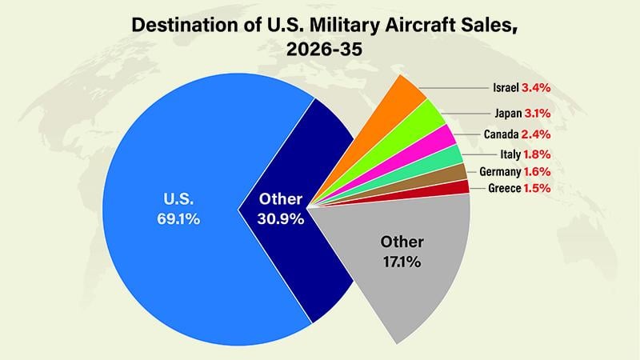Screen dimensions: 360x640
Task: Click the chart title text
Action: click(x=319, y=37)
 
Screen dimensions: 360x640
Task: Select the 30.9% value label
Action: click(x=281, y=218)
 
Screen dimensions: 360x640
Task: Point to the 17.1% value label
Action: click(x=402, y=260)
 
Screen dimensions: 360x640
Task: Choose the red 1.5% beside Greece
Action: click(x=536, y=188)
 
